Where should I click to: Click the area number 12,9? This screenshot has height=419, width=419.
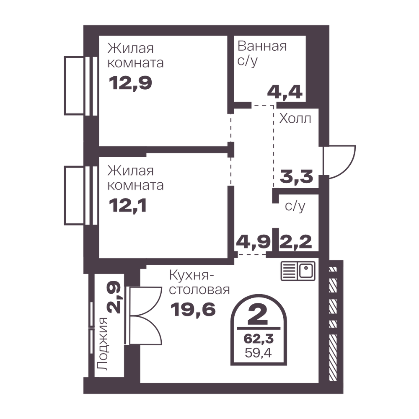[130, 83]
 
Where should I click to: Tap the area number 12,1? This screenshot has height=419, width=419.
[128, 206]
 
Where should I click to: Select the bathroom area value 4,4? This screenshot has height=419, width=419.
[285, 93]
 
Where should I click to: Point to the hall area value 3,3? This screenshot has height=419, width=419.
[296, 177]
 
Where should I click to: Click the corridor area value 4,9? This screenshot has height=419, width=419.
[253, 242]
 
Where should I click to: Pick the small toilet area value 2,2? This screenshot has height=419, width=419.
[296, 242]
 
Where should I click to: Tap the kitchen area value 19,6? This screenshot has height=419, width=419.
[193, 310]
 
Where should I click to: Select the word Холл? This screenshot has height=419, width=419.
[295, 119]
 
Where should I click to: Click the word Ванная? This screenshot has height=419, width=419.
[262, 46]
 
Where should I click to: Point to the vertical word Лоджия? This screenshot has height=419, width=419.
[103, 344]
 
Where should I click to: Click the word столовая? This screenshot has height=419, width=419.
[199, 290]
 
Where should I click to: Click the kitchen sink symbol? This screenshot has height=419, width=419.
[298, 271]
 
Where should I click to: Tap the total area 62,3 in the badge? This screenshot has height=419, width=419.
[259, 339]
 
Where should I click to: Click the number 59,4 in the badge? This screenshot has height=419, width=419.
[259, 353]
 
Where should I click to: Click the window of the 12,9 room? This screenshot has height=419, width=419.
[81, 85]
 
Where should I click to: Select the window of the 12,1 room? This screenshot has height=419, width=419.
[81, 196]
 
